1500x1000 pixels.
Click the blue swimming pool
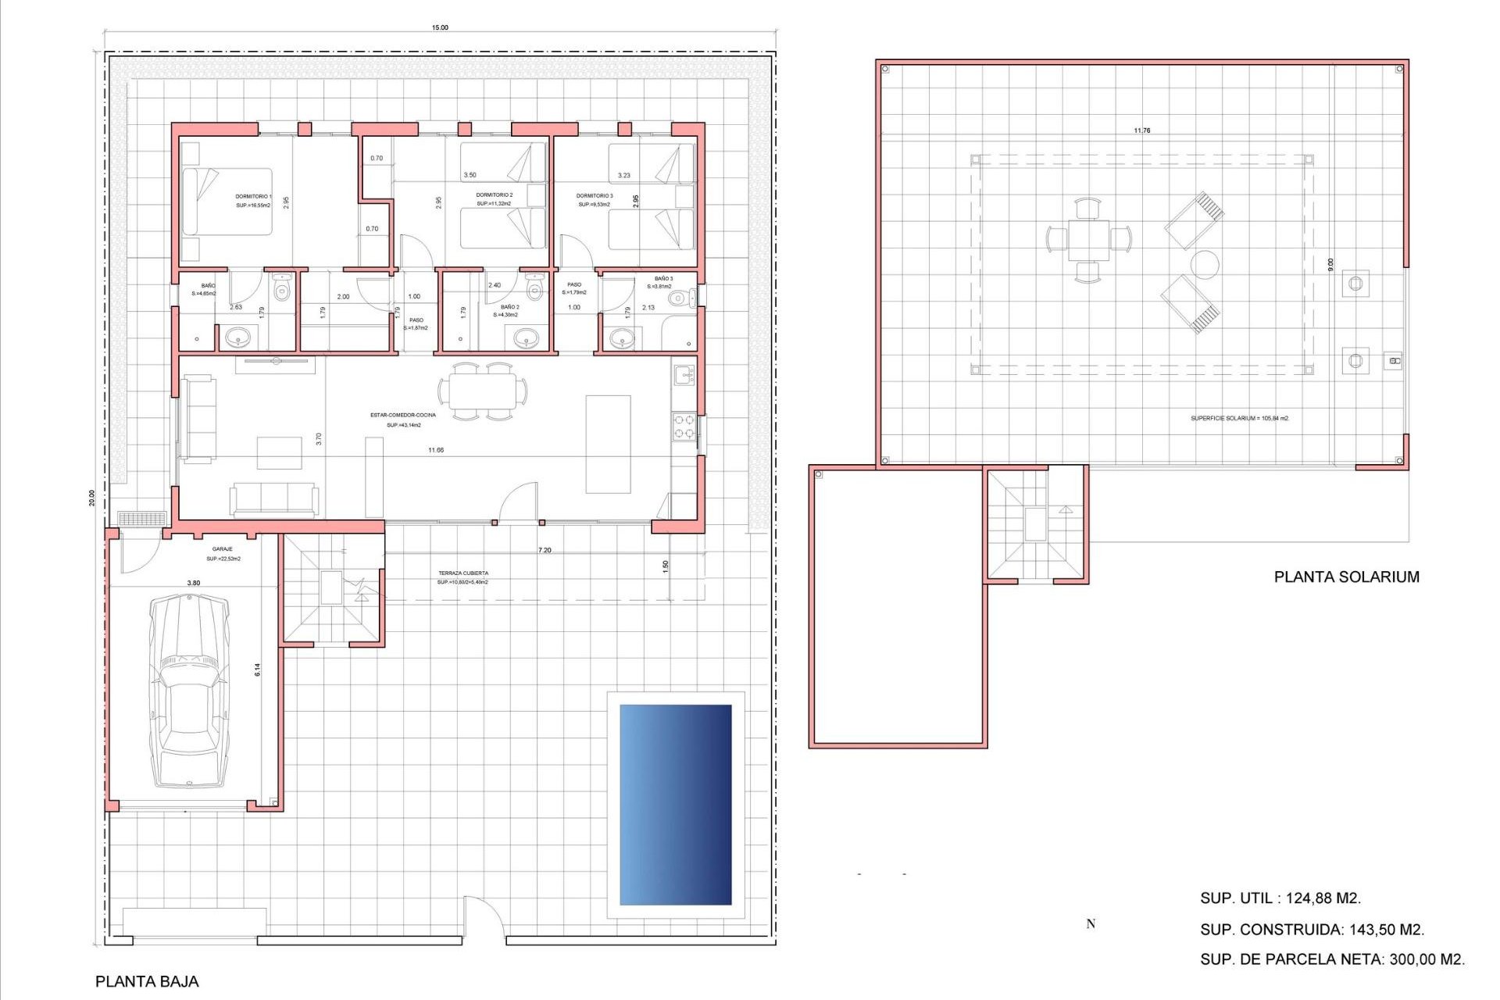click(675, 804)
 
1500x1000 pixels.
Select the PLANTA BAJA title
click(147, 981)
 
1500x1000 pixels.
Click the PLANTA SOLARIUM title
click(1346, 577)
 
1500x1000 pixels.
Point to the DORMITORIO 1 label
click(253, 197)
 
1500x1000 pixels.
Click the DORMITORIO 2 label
click(494, 195)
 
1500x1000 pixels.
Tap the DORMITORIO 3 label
click(595, 196)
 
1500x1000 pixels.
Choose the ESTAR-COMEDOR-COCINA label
click(403, 415)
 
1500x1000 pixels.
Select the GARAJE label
click(222, 549)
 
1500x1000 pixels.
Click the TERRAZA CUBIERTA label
click(462, 573)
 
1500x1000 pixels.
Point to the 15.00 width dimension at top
click(440, 28)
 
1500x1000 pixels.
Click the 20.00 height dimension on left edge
click(91, 498)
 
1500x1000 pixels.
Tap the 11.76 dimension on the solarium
click(1141, 130)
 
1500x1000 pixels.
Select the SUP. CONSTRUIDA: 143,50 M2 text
click(1312, 930)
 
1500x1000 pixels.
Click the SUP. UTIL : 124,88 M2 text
click(1280, 898)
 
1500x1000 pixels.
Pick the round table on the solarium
click(1205, 265)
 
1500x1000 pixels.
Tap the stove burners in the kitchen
click(684, 427)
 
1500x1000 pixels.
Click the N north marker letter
click(1091, 924)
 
